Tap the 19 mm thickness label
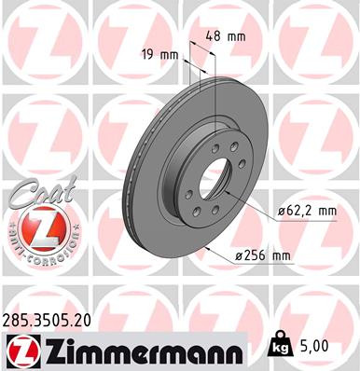pyautogui.click(x=159, y=54)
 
